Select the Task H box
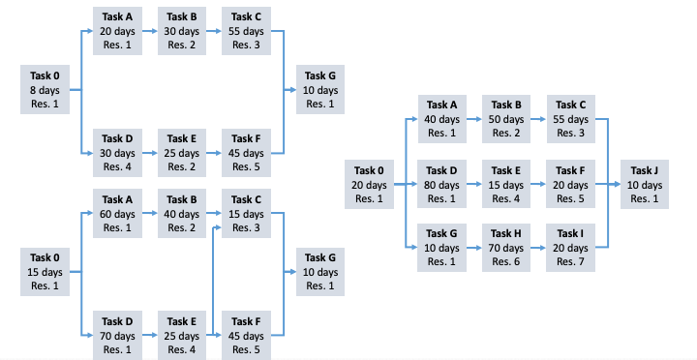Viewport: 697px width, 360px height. [x=506, y=248]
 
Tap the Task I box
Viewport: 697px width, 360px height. [x=570, y=248]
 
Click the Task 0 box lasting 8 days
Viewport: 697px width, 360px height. [x=45, y=91]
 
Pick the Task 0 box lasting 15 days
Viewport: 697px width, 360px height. [x=45, y=272]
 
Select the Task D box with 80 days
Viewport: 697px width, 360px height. [x=442, y=185]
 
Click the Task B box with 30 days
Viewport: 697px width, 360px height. [x=181, y=31]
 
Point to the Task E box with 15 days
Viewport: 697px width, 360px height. [x=506, y=185]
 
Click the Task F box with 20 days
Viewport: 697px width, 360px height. [x=570, y=185]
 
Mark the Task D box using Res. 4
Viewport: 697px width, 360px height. [x=117, y=153]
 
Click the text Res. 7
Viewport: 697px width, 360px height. [x=570, y=262]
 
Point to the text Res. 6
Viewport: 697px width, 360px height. [x=506, y=262]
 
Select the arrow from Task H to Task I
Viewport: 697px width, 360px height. [x=538, y=248]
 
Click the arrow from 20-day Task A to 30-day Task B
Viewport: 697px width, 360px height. [x=149, y=31]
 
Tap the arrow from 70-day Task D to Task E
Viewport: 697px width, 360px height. [x=149, y=335]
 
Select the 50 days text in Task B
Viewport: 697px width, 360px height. [x=506, y=119]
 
